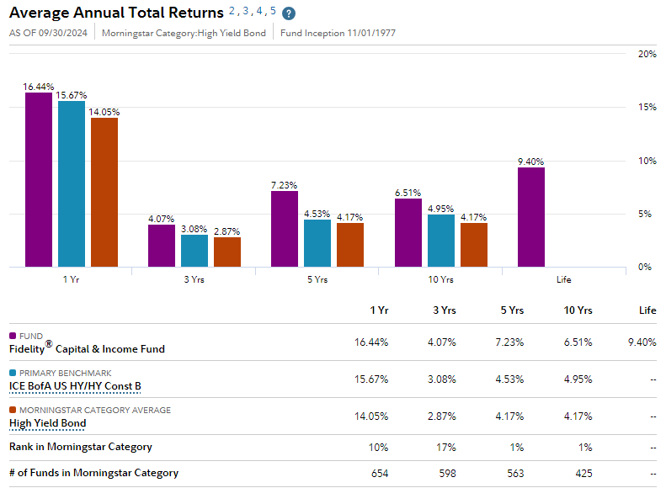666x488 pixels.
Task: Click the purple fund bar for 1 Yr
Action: coord(38,179)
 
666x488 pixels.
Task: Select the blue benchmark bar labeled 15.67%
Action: coord(72,183)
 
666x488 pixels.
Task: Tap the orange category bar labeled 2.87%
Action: coord(227,252)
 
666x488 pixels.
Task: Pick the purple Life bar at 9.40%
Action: coord(530,217)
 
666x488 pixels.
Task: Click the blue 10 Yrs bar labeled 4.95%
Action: coord(441,241)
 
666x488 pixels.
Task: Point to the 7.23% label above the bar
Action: coord(284,185)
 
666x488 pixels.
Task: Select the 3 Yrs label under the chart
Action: coord(193,279)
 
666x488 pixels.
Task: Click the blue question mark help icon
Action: coord(289,13)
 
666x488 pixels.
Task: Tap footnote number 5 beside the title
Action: coord(273,11)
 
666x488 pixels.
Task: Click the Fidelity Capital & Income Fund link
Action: coord(87,348)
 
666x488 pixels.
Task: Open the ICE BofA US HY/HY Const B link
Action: coord(75,386)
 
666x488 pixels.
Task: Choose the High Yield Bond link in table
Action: coord(47,422)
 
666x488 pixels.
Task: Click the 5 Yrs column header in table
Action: coord(510,310)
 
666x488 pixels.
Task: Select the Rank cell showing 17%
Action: coord(445,447)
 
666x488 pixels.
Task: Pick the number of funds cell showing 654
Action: coord(379,473)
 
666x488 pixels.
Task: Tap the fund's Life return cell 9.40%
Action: coord(642,342)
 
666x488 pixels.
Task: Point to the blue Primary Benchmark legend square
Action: coord(13,373)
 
